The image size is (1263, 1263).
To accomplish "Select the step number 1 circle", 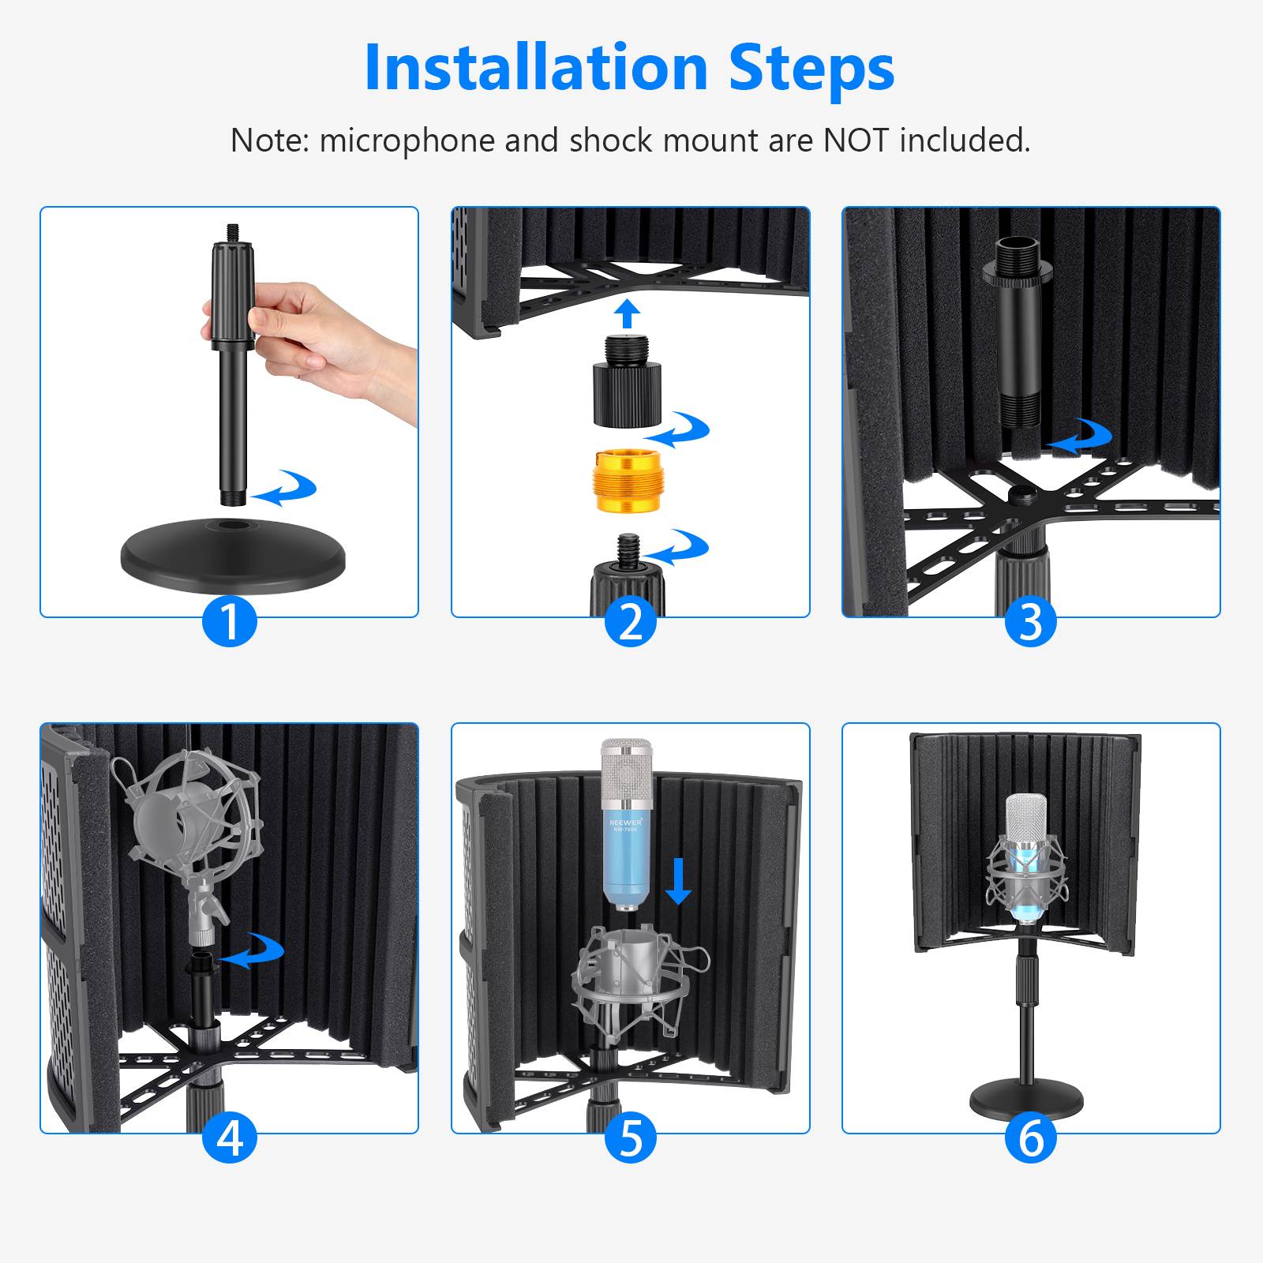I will pyautogui.click(x=230, y=621).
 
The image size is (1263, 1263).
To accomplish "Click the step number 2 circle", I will pyautogui.click(x=631, y=621).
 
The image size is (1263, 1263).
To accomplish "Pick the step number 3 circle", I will pyautogui.click(x=1031, y=621).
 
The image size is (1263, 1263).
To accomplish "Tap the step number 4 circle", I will pyautogui.click(x=230, y=1137).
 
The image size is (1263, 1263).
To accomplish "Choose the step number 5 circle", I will pyautogui.click(x=631, y=1137).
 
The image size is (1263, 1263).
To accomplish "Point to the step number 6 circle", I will pyautogui.click(x=1031, y=1137).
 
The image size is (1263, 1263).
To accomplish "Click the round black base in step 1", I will pyautogui.click(x=233, y=557).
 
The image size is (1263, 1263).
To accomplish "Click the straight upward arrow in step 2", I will pyautogui.click(x=628, y=313).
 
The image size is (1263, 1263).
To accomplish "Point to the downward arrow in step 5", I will pyautogui.click(x=678, y=882).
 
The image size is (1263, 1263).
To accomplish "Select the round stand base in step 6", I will pyautogui.click(x=1026, y=1098).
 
